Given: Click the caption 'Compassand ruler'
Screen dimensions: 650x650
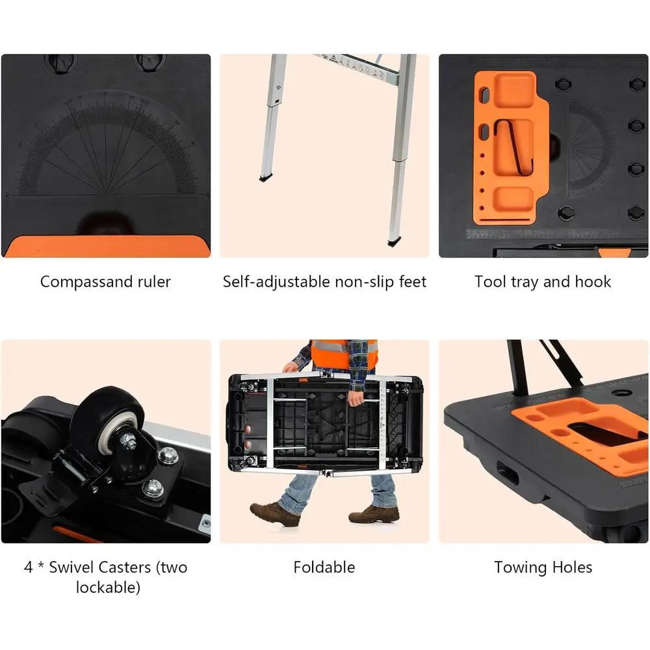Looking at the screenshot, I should coord(105,281).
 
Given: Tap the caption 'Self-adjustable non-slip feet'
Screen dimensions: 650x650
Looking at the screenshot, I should coord(324,281).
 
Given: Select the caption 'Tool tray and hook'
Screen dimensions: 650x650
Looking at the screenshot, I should coord(543,281).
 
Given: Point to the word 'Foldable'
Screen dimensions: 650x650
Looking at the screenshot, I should coord(324,567).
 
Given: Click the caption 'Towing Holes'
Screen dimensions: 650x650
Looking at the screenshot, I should coord(543,567).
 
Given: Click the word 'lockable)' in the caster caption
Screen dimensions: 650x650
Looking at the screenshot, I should coord(108,588).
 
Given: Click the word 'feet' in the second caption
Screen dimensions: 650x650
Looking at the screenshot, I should coord(412,281).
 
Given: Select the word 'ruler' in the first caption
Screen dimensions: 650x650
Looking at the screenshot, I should coord(154,281).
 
